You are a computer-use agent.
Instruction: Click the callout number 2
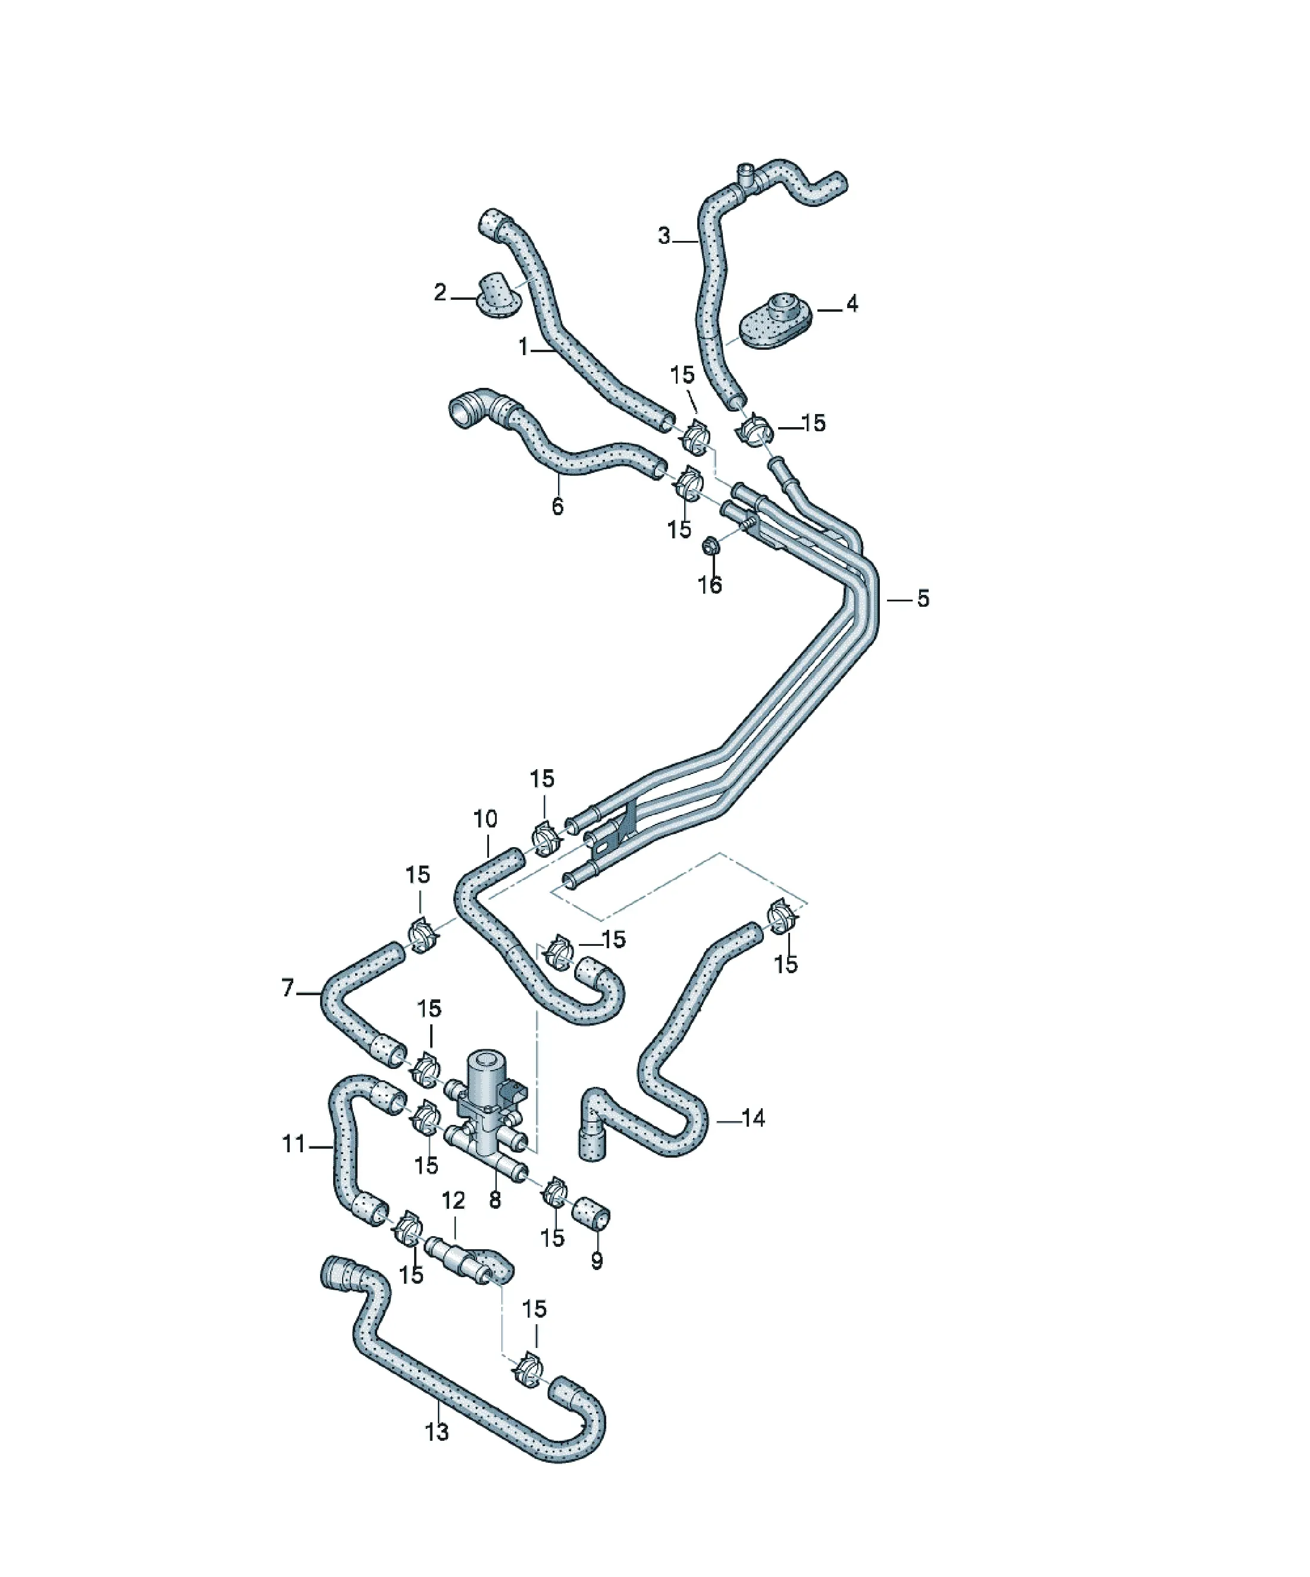[x=440, y=292]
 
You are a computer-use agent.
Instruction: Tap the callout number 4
[x=851, y=303]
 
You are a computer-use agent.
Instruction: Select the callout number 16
[x=710, y=584]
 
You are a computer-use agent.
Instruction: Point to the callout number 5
[x=922, y=598]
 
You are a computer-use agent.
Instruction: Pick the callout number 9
[x=597, y=1260]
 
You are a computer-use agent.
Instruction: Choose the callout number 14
[x=753, y=1139]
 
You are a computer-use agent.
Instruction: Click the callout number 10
[x=485, y=819]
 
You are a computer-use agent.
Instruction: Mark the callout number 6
[x=557, y=506]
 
